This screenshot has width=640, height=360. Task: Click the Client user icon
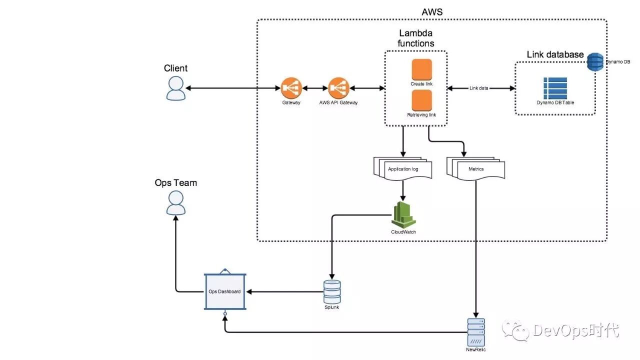(175, 88)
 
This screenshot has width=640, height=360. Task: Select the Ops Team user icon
(175, 203)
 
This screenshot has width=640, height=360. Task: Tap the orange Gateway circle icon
(290, 88)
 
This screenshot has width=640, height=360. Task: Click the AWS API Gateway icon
(338, 88)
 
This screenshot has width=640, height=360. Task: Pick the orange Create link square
(421, 69)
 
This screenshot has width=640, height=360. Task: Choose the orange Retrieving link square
(421, 100)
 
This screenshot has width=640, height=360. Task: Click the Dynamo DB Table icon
(555, 88)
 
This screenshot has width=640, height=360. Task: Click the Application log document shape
(402, 168)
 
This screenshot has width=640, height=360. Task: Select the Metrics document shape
(475, 168)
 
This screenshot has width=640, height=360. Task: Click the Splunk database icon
(332, 291)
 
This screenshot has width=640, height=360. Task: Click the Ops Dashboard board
(224, 291)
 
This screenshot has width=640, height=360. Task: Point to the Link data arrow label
(479, 88)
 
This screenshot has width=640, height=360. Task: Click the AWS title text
(432, 11)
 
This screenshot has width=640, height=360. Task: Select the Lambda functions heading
(415, 38)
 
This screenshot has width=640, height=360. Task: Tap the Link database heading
(555, 54)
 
